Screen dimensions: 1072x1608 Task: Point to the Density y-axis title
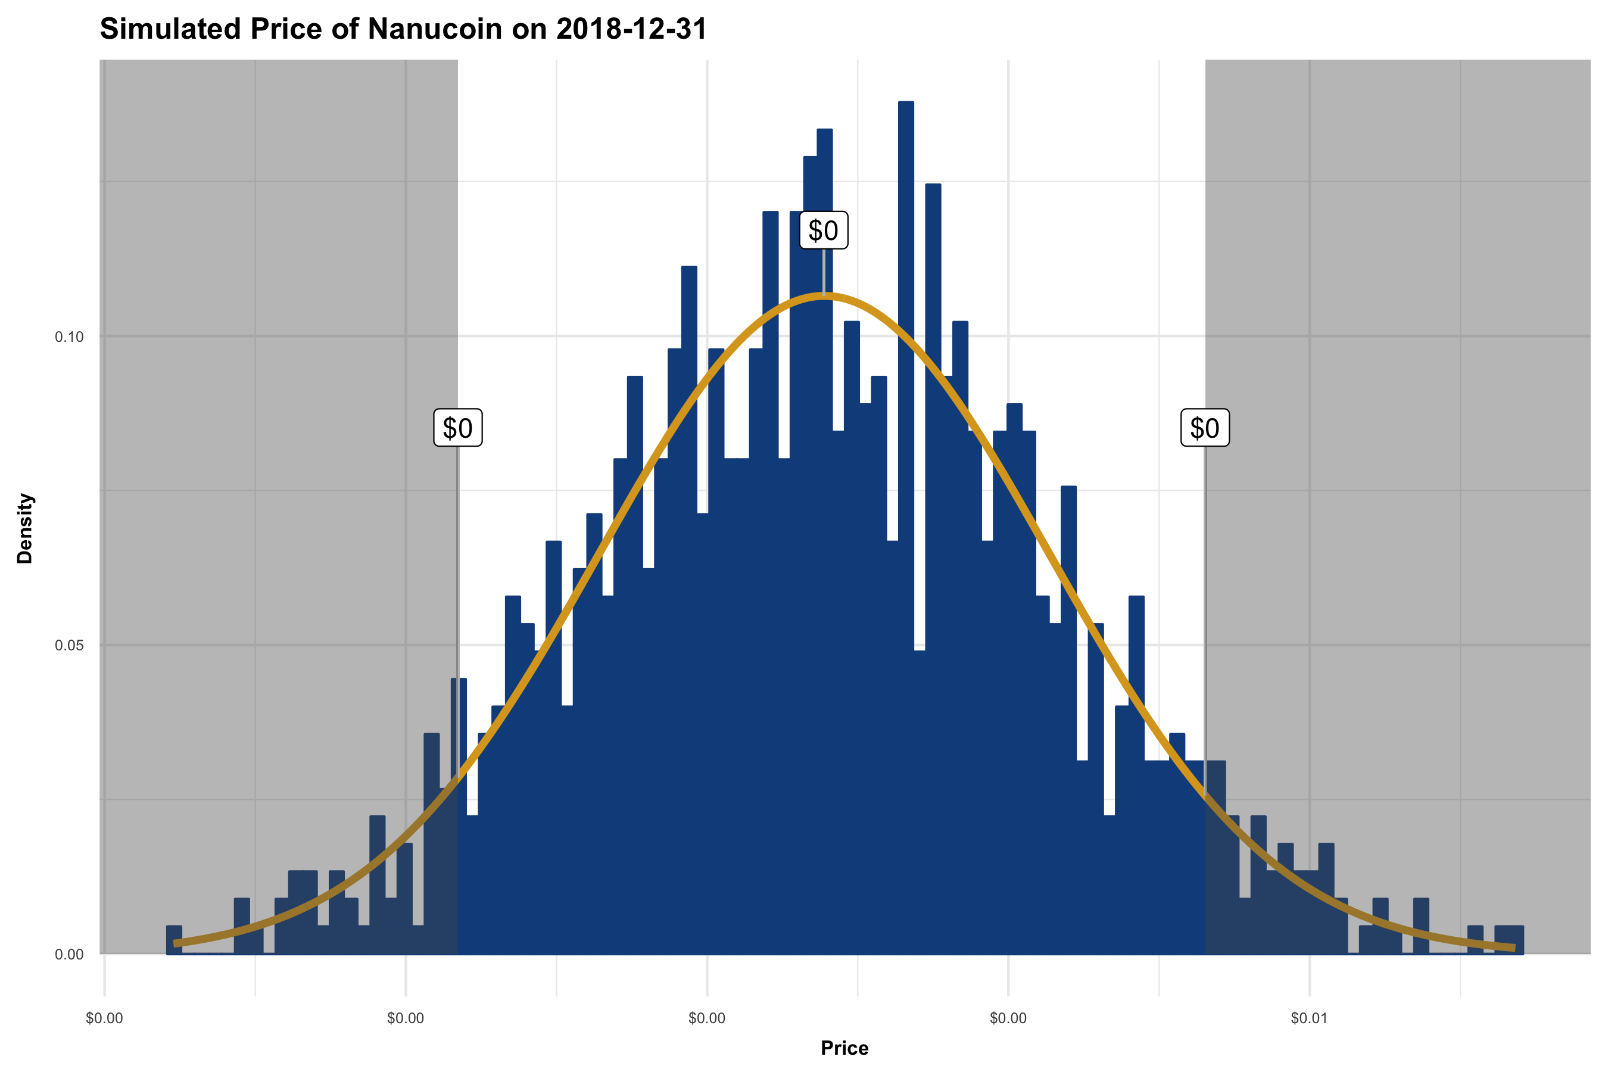[x=24, y=528]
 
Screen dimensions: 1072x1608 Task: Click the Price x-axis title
[x=844, y=1048]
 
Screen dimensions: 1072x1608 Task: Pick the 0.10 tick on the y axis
[x=69, y=337]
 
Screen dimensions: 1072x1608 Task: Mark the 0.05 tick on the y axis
[x=69, y=646]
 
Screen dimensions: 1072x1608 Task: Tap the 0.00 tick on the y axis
[x=69, y=955]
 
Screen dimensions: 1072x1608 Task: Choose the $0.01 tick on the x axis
[x=1308, y=1018]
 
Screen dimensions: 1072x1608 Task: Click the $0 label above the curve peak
[x=823, y=230]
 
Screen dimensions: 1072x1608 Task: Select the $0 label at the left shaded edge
[x=458, y=428]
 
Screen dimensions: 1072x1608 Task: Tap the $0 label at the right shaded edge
[x=1205, y=428]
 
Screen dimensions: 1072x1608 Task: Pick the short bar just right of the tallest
[x=920, y=800]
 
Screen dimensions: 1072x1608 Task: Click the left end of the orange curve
[x=176, y=943]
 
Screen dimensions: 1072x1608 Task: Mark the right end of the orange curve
[x=1514, y=948]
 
